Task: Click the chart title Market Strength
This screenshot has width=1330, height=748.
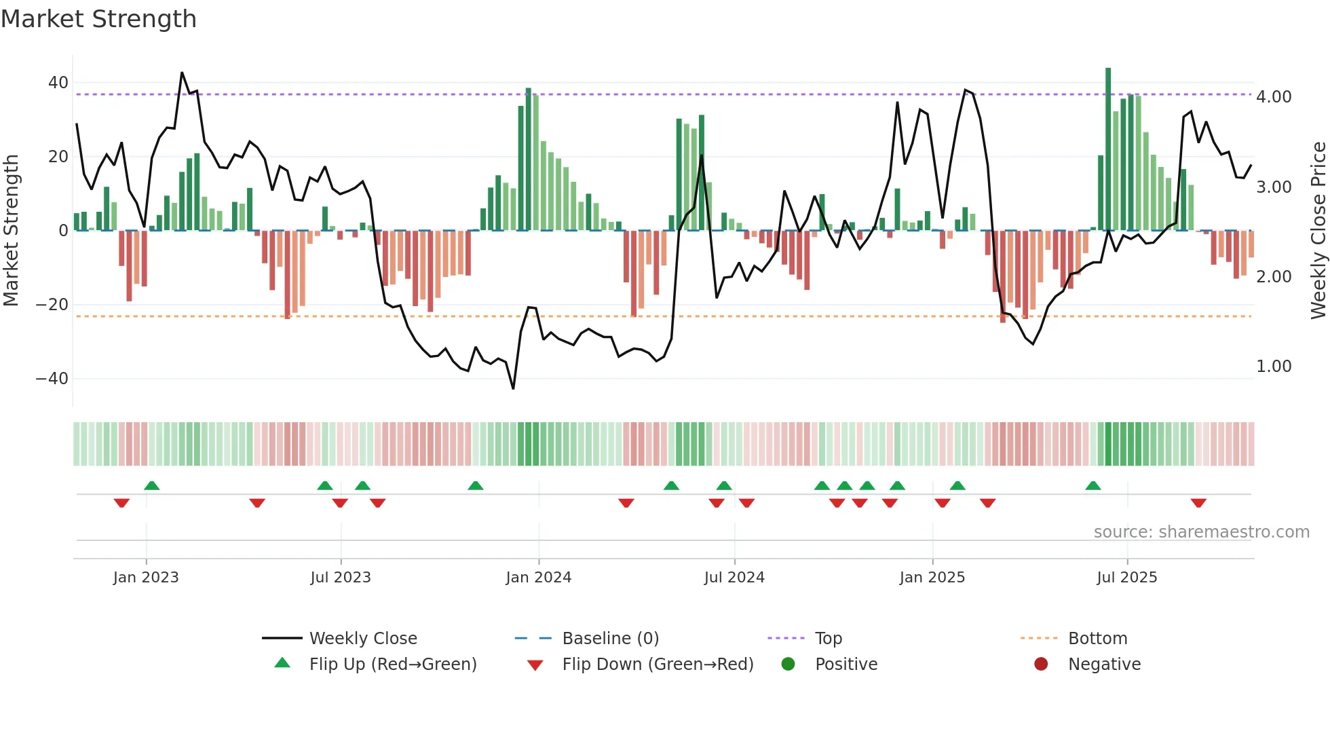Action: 98,19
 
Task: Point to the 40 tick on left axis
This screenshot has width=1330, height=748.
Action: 58,83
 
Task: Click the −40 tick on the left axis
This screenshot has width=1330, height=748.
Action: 53,379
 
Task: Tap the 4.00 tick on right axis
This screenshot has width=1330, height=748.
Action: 1274,97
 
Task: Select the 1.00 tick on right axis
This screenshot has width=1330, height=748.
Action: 1274,367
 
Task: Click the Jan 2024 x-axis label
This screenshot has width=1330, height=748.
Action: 539,578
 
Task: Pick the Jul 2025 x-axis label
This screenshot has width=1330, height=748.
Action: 1126,578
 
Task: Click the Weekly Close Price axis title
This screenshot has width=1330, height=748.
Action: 1318,231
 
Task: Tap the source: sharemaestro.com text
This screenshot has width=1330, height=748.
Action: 1201,532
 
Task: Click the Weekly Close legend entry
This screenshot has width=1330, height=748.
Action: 363,639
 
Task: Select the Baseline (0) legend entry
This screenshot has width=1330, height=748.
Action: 610,639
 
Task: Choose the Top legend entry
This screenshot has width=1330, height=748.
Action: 828,639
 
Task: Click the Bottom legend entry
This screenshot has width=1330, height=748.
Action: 1097,639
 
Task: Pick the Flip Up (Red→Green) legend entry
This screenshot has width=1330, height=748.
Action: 393,665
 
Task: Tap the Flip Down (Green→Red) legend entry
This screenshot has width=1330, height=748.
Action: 658,665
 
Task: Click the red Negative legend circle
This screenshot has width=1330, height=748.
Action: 1041,664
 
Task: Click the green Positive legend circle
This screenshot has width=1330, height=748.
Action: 788,664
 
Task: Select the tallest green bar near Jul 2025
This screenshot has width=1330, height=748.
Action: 1108,149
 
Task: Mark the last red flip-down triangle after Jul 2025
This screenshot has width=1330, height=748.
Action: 1198,503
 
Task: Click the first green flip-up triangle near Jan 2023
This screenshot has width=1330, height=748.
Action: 152,485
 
